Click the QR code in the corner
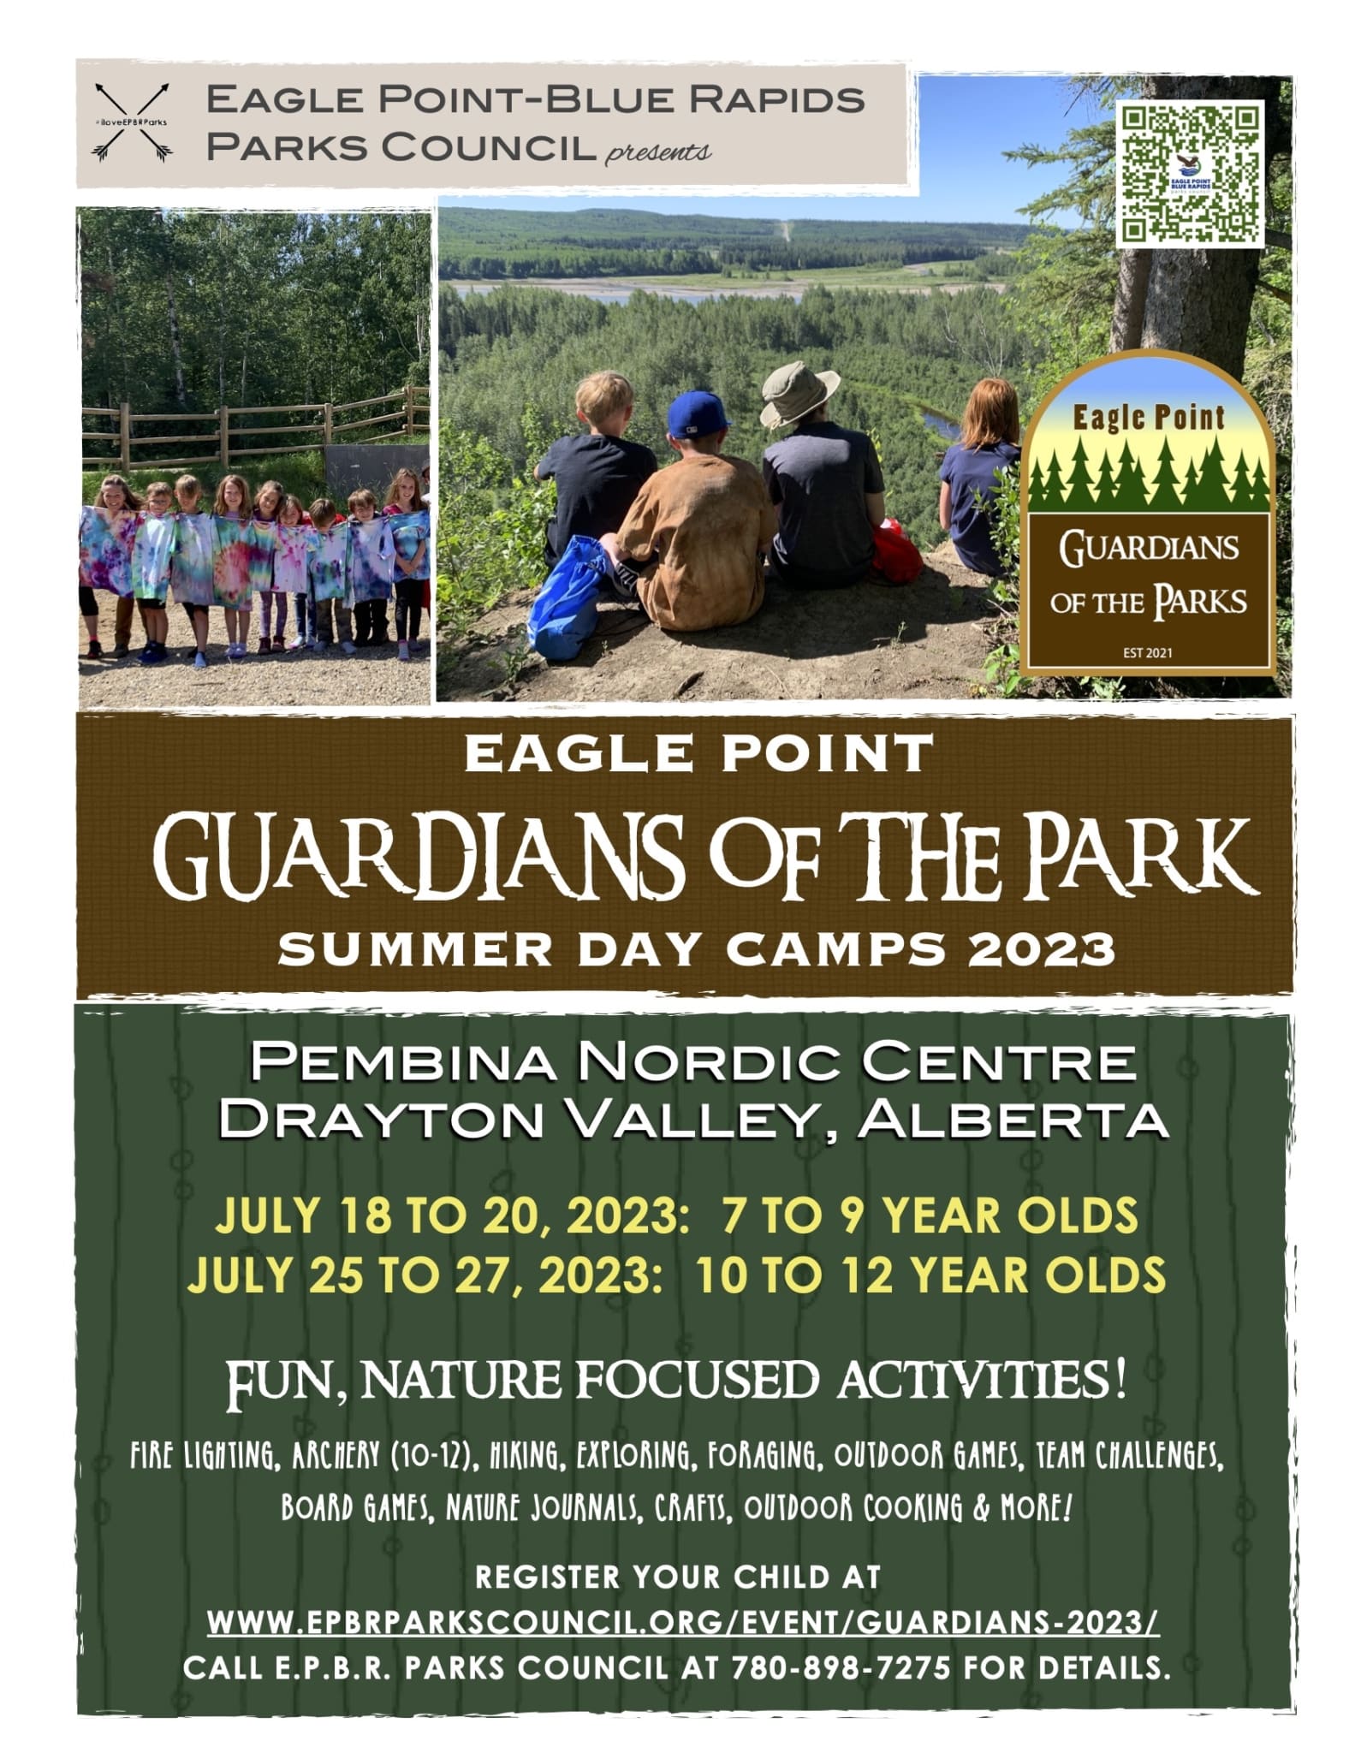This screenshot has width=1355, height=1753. pyautogui.click(x=1191, y=174)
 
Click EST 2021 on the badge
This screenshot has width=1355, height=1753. pyautogui.click(x=1147, y=654)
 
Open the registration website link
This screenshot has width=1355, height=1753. pyautogui.click(x=683, y=1623)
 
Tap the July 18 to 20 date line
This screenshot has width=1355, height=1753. pyautogui.click(x=675, y=1217)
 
